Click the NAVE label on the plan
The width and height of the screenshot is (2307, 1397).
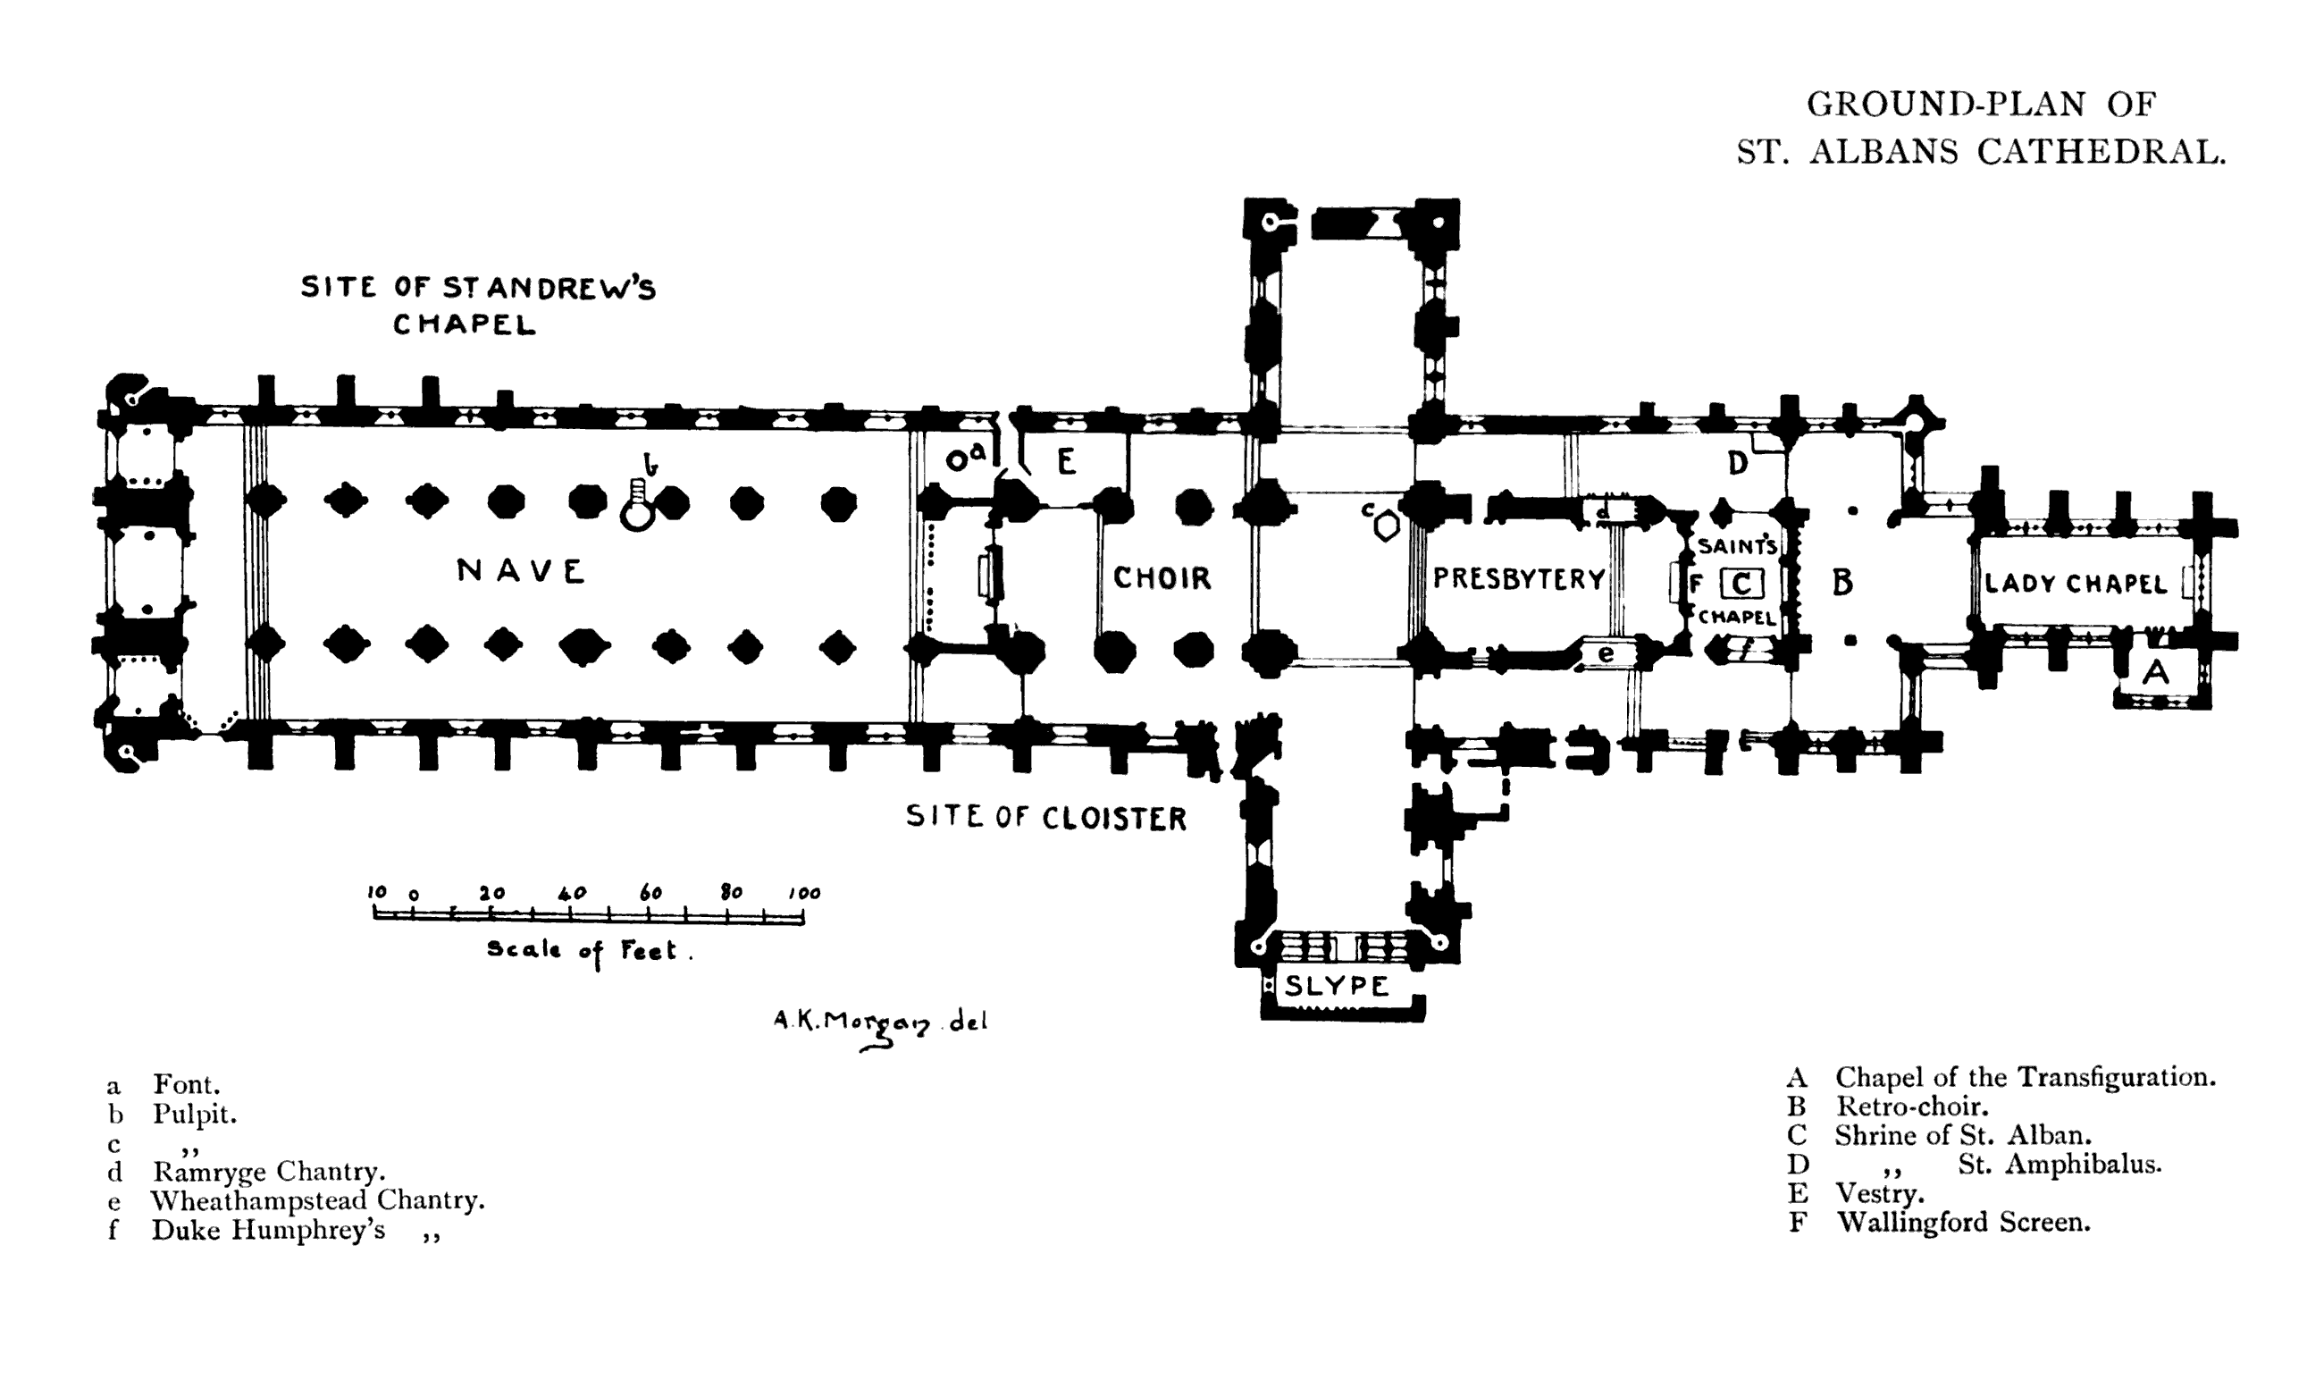pyautogui.click(x=521, y=570)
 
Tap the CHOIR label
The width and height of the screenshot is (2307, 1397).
pyautogui.click(x=1162, y=577)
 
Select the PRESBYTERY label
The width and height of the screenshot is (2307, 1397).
pyautogui.click(x=1519, y=578)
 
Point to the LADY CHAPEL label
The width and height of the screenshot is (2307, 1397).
pyautogui.click(x=2076, y=585)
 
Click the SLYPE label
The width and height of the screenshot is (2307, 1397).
pyautogui.click(x=1336, y=985)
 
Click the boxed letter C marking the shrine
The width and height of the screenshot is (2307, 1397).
pyautogui.click(x=1741, y=585)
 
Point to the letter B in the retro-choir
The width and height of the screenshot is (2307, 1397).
pyautogui.click(x=1841, y=583)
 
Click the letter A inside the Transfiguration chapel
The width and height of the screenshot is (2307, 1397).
pyautogui.click(x=2155, y=671)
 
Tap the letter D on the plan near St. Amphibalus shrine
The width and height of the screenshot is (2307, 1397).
pyautogui.click(x=1737, y=463)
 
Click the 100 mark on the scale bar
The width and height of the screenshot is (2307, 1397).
pyautogui.click(x=803, y=893)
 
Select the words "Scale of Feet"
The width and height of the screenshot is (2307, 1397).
pyautogui.click(x=589, y=950)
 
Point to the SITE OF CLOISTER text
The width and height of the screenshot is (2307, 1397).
pyautogui.click(x=1045, y=818)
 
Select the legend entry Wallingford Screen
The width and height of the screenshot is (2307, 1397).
pyautogui.click(x=1963, y=1222)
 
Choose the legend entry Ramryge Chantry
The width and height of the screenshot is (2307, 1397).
pyautogui.click(x=269, y=1172)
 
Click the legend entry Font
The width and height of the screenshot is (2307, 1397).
pyautogui.click(x=187, y=1084)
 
